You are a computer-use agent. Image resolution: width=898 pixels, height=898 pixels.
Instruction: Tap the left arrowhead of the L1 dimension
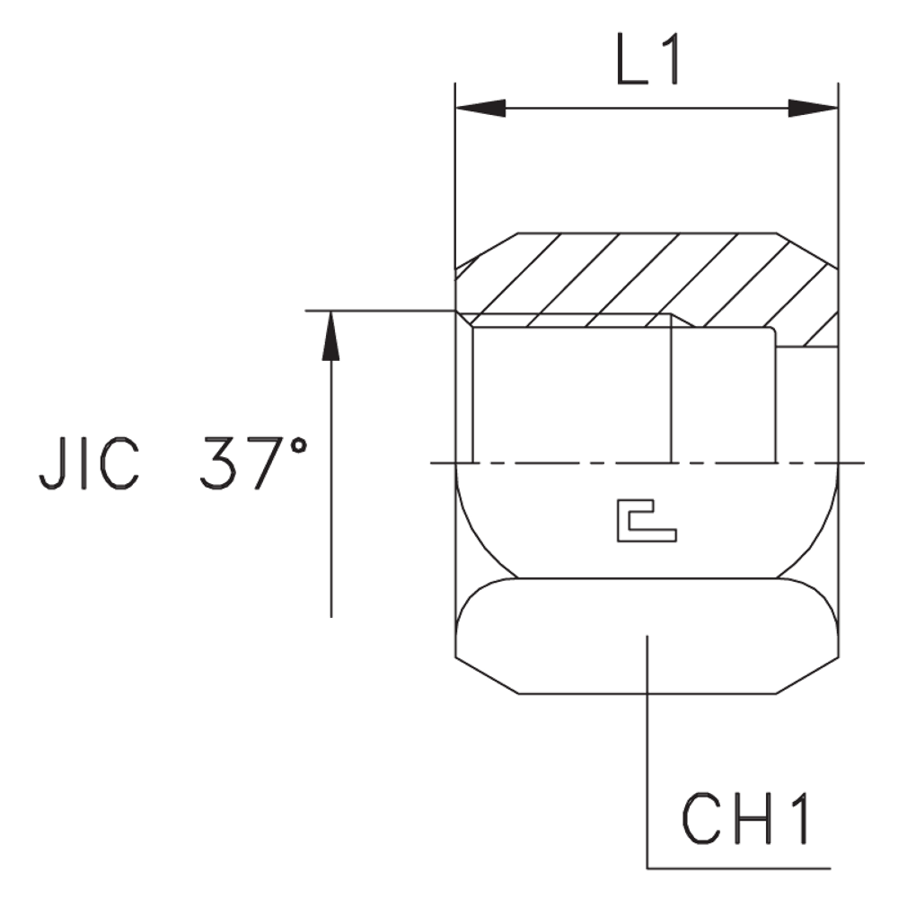coord(480,110)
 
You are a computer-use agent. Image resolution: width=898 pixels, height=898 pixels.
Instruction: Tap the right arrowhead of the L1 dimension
coord(812,110)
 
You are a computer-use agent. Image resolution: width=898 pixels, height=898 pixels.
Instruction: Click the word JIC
coord(89,465)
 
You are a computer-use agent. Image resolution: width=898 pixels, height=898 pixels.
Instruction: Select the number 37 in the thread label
coord(236,465)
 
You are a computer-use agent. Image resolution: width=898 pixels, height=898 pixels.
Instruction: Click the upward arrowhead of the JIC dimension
coord(332,337)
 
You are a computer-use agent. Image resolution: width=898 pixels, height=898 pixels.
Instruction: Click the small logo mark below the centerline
coord(647,524)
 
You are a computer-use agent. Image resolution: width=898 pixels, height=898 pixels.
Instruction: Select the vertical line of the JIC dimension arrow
coord(332,494)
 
